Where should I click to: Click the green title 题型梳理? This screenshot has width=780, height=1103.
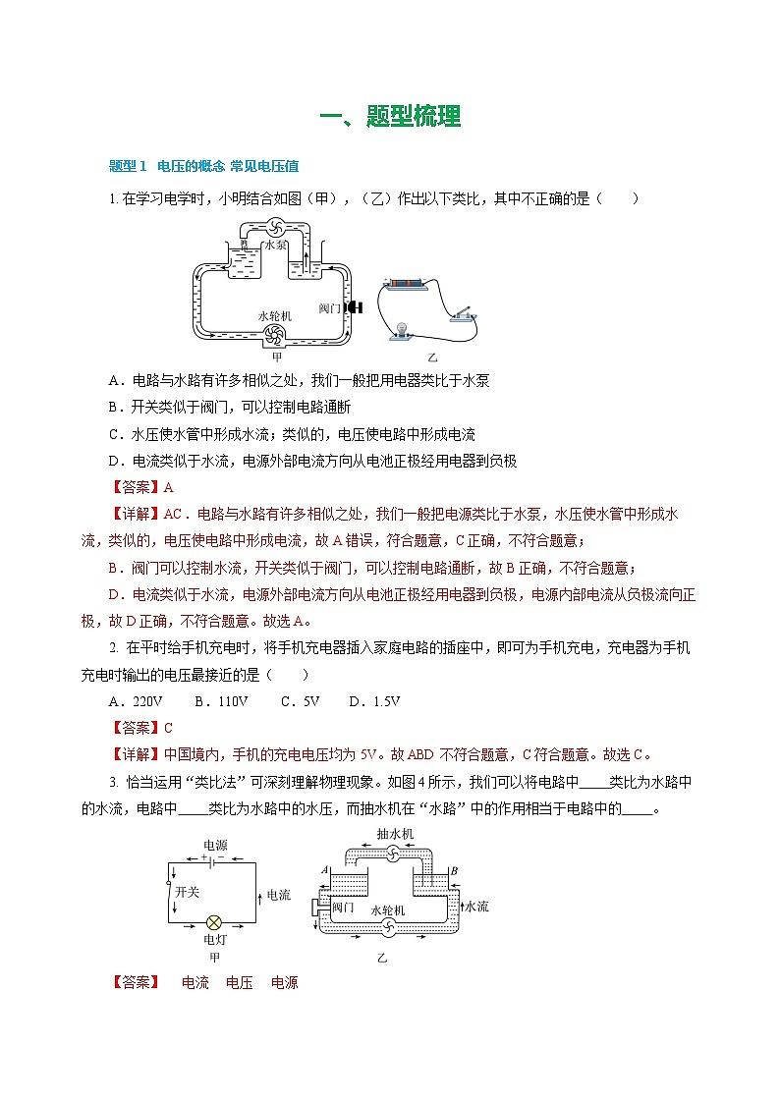[x=390, y=117]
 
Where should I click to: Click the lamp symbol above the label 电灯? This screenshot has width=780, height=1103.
[x=214, y=922]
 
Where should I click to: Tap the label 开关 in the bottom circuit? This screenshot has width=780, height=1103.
[x=188, y=893]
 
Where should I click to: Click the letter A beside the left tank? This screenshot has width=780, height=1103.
[x=324, y=870]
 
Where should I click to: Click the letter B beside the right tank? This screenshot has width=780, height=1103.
[x=453, y=870]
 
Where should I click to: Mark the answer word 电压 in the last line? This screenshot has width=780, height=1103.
[x=240, y=982]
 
